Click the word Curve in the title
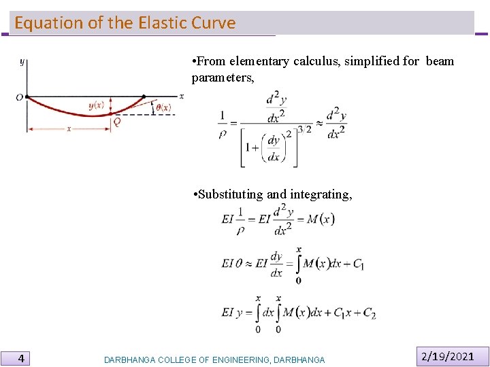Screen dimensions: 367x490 click(x=214, y=23)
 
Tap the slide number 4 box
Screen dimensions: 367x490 click(x=22, y=357)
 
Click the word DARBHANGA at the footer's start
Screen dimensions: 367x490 click(x=129, y=360)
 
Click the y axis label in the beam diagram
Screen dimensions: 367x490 click(x=22, y=62)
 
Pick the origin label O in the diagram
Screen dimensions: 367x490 click(x=19, y=98)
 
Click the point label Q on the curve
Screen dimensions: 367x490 click(x=117, y=122)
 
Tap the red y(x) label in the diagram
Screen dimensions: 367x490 click(x=97, y=106)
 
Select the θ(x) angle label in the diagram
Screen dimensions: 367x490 click(x=163, y=107)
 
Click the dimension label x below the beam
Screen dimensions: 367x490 click(x=68, y=128)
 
